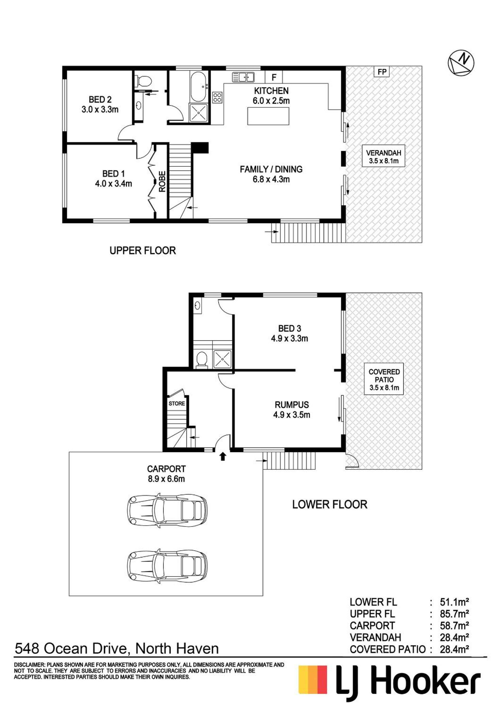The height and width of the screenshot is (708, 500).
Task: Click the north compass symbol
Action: tap(461, 63)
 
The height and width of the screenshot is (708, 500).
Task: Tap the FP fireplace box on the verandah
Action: tap(382, 72)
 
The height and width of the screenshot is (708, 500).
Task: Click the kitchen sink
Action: tap(243, 77)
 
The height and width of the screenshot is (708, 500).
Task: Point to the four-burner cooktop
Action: tap(217, 97)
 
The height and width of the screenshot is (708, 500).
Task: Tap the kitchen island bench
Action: tap(268, 116)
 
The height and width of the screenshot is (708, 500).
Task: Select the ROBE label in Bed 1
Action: tap(162, 182)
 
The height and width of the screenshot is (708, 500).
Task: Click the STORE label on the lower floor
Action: tap(177, 403)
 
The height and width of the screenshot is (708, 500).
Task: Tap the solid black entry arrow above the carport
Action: tap(223, 456)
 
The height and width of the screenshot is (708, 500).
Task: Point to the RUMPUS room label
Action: tap(292, 405)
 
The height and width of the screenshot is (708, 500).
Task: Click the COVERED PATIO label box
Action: tap(384, 380)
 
